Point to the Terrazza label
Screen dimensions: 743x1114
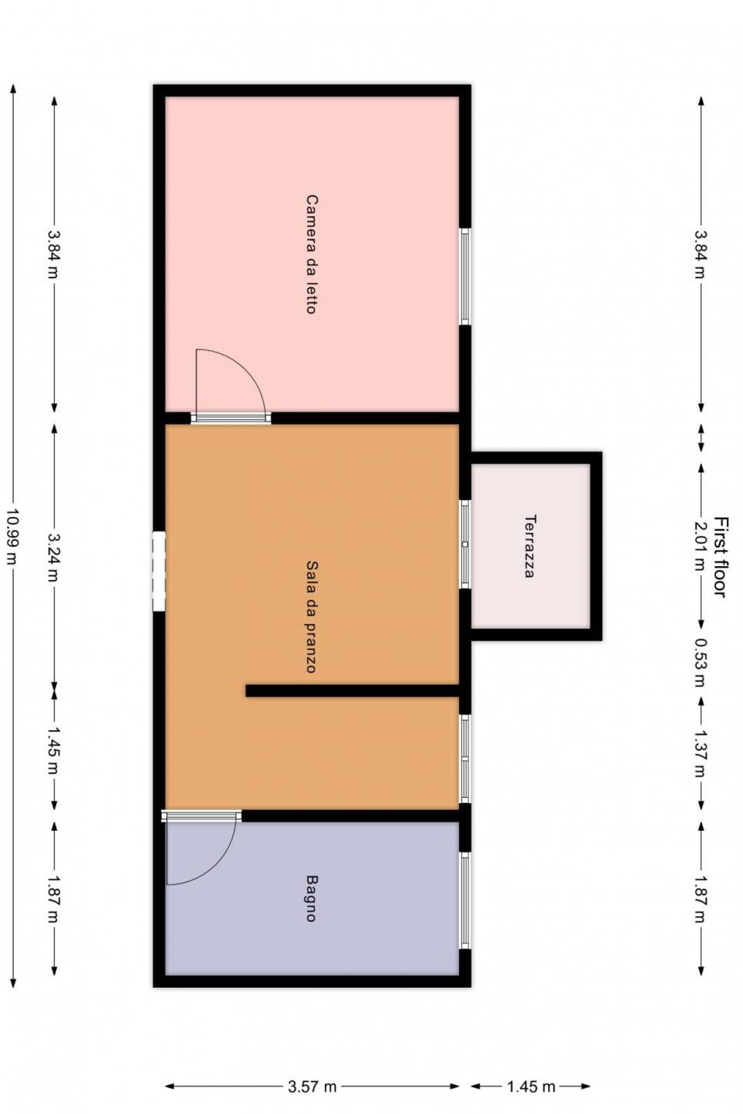click(x=530, y=545)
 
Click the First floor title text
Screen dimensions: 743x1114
click(x=721, y=557)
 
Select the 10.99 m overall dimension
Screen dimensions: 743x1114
click(x=12, y=535)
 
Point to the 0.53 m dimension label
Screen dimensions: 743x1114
click(x=701, y=662)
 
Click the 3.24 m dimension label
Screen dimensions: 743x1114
click(x=53, y=557)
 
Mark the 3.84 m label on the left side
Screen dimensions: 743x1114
click(x=53, y=254)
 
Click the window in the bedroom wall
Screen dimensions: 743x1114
click(x=465, y=276)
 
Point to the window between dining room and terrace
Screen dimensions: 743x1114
click(x=465, y=544)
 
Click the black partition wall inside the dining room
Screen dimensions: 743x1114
click(x=352, y=691)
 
